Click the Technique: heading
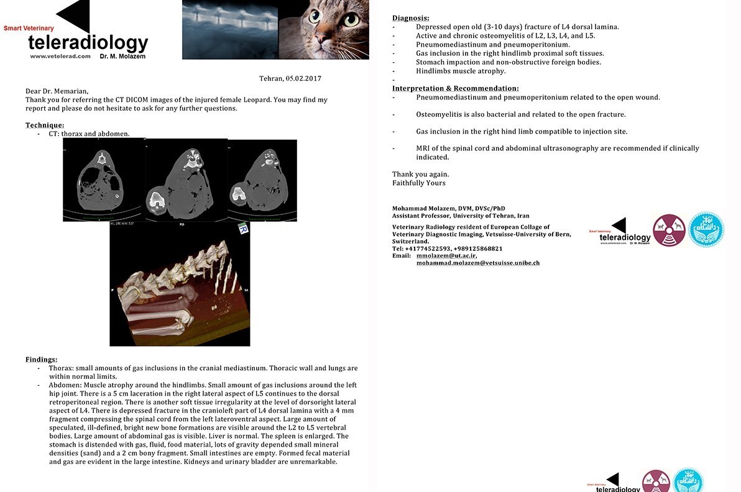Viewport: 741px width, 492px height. tap(45, 125)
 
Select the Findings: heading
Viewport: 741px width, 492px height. tap(41, 360)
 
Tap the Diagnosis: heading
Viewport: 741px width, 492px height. tap(410, 18)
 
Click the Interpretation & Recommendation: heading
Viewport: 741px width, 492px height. tap(455, 88)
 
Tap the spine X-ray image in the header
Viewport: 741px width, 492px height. tap(230, 29)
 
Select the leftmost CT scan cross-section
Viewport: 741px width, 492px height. tap(103, 180)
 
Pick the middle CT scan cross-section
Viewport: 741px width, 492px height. tap(186, 180)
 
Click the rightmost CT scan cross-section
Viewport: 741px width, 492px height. tap(262, 180)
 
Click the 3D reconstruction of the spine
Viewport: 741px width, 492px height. tap(180, 284)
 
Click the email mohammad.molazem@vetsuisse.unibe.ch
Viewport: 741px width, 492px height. tap(477, 263)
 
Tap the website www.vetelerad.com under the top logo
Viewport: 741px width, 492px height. tap(60, 56)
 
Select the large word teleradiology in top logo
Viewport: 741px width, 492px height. tap(88, 42)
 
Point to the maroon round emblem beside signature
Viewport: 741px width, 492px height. tap(669, 230)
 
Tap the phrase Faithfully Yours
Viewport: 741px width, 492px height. tap(418, 183)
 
